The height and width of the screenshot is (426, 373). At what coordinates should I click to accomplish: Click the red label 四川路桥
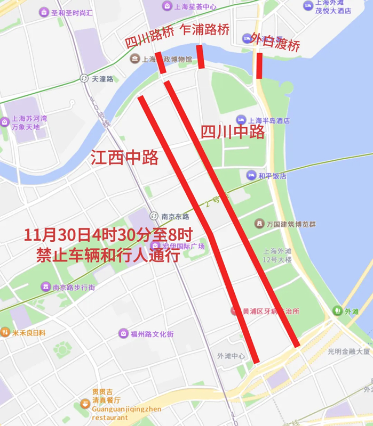click(150, 38)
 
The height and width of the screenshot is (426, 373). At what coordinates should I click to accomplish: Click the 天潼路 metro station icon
click(84, 79)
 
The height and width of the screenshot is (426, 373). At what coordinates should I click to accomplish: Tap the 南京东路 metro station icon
click(154, 216)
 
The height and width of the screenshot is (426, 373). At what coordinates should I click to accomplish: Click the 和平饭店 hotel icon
click(251, 175)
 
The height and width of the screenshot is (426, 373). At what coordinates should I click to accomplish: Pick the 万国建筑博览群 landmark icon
click(259, 224)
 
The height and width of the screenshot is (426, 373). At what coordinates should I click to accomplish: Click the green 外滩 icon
click(337, 310)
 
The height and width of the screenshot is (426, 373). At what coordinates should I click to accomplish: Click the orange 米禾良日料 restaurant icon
click(5, 332)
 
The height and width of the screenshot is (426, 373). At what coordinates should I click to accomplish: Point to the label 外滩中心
click(231, 356)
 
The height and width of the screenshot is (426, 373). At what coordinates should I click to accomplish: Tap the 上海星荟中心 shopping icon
click(166, 6)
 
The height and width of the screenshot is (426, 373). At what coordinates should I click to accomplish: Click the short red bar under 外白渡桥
click(259, 65)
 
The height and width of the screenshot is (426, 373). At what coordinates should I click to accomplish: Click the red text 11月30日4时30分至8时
click(107, 235)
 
